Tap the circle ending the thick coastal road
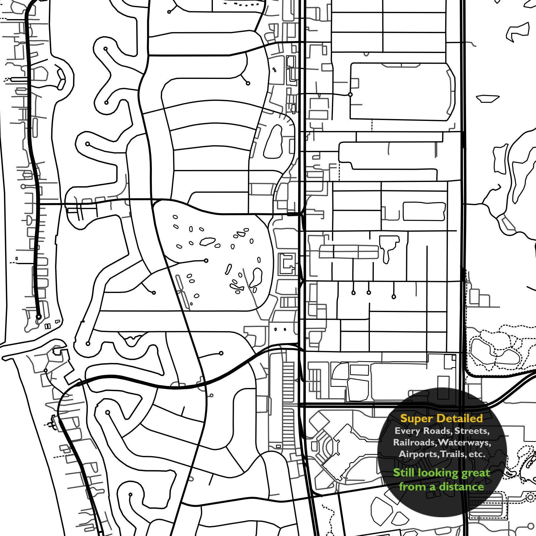coord(39,317)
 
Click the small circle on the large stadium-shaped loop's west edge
coord(350,94)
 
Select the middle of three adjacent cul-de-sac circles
coord(369,293)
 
